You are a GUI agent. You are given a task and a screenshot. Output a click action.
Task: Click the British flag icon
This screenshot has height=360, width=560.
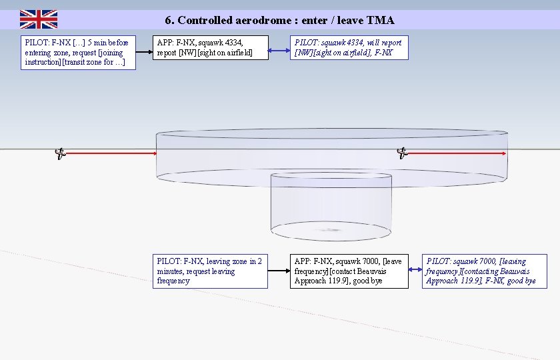coord(39,19)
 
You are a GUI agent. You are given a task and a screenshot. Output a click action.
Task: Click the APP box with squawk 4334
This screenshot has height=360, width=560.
coord(211,47)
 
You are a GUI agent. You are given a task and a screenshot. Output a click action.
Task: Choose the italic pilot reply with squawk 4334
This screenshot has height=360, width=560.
coord(349,47)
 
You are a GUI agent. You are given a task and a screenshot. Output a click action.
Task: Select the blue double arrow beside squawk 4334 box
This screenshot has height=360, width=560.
coord(279,51)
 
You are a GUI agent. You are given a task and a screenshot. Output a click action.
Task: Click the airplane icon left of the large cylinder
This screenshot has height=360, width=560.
coord(60,154)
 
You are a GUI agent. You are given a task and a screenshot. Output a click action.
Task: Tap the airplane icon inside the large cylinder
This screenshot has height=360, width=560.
coord(402,153)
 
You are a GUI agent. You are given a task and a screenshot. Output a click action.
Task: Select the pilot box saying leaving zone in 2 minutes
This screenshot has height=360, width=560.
coord(211,271)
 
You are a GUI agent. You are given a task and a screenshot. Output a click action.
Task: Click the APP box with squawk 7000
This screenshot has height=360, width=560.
coord(349,271)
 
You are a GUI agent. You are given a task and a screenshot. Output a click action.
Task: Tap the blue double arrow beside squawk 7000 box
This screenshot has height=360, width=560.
coord(415,270)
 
